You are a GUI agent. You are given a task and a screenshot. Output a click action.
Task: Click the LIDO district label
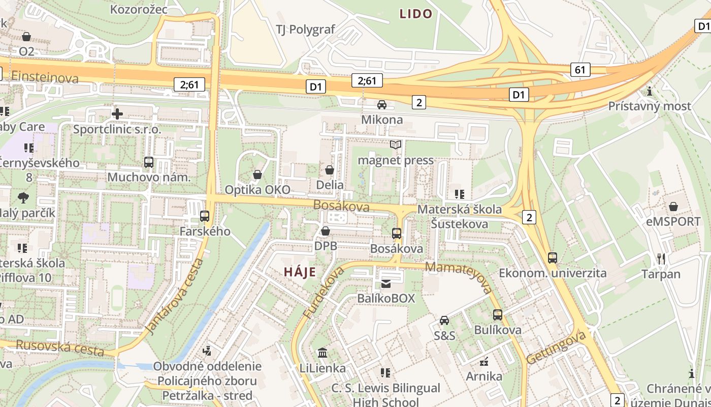click(x=415, y=14)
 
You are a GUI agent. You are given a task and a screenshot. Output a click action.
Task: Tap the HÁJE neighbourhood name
click(x=300, y=272)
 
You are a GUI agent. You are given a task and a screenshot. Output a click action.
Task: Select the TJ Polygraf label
click(x=305, y=29)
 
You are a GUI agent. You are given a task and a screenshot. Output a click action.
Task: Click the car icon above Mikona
click(x=382, y=105)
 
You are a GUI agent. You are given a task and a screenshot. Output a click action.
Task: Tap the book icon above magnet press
click(x=396, y=145)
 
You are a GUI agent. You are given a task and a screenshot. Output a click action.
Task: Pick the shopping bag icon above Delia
click(x=330, y=170)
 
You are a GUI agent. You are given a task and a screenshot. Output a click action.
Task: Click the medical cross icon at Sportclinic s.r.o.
click(x=117, y=114)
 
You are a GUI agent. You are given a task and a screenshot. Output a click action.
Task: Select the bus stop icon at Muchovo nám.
click(x=149, y=162)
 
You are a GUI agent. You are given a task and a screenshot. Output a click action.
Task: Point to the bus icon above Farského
click(x=205, y=216)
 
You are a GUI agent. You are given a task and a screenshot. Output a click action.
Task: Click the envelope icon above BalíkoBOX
click(x=386, y=283)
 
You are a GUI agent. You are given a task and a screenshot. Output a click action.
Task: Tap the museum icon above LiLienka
click(x=322, y=353)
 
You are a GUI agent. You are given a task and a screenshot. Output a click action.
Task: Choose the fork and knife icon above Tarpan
click(x=661, y=259)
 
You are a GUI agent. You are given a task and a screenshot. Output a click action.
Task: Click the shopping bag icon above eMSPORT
click(x=673, y=207)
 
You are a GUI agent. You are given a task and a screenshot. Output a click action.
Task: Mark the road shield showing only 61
click(x=580, y=70)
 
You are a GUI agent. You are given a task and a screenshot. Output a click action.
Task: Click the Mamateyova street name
click(x=459, y=277)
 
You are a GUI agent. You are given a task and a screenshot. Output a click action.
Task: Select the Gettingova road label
click(x=556, y=347)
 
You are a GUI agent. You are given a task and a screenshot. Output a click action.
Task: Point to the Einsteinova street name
click(x=45, y=77)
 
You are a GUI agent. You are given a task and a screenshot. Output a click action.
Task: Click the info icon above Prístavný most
click(x=650, y=92)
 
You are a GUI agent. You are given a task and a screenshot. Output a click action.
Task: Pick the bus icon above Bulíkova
click(x=498, y=315)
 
